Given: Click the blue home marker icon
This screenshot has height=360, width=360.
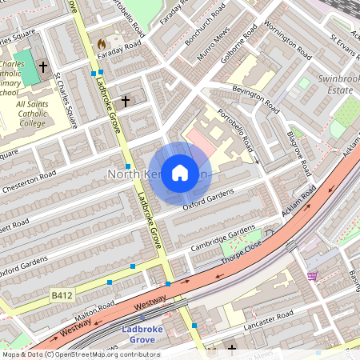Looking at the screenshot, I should coord(180,172).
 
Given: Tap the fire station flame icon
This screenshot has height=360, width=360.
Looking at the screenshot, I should coord(101,42).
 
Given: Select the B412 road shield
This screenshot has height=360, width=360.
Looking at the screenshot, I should coord(62,295).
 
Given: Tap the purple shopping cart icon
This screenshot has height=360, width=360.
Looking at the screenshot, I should coord(312,276).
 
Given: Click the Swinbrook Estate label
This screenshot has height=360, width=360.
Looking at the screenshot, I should coord(335,85).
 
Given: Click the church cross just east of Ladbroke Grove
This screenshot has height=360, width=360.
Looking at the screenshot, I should coord(126,101).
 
